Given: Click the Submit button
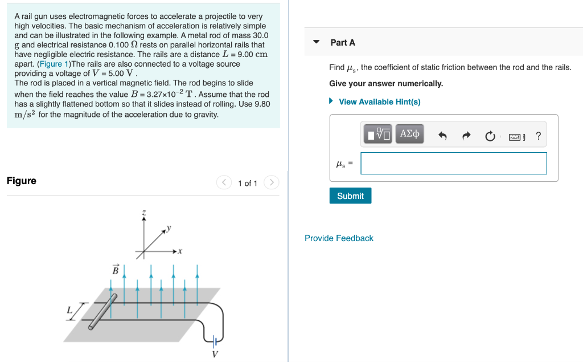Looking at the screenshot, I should pyautogui.click(x=350, y=196).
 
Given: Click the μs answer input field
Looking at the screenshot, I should pyautogui.click(x=453, y=164).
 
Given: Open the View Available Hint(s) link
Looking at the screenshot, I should pyautogui.click(x=379, y=101).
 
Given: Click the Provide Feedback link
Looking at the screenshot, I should pyautogui.click(x=339, y=238).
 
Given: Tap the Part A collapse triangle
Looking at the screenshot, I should pyautogui.click(x=317, y=42).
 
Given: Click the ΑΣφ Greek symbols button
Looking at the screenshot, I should pyautogui.click(x=409, y=135).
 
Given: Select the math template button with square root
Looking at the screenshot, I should pyautogui.click(x=378, y=135).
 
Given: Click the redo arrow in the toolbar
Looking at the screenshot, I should pyautogui.click(x=466, y=136).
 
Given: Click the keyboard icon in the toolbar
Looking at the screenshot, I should pyautogui.click(x=515, y=136).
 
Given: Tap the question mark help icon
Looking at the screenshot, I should pyautogui.click(x=539, y=136).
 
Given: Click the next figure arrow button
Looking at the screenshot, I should pyautogui.click(x=272, y=182).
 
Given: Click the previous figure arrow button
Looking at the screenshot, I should pyautogui.click(x=224, y=182).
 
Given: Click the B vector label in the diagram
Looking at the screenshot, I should pyautogui.click(x=115, y=270).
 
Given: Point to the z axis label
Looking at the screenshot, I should pyautogui.click(x=143, y=213).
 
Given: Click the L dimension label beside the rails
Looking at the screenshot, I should pyautogui.click(x=69, y=310).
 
